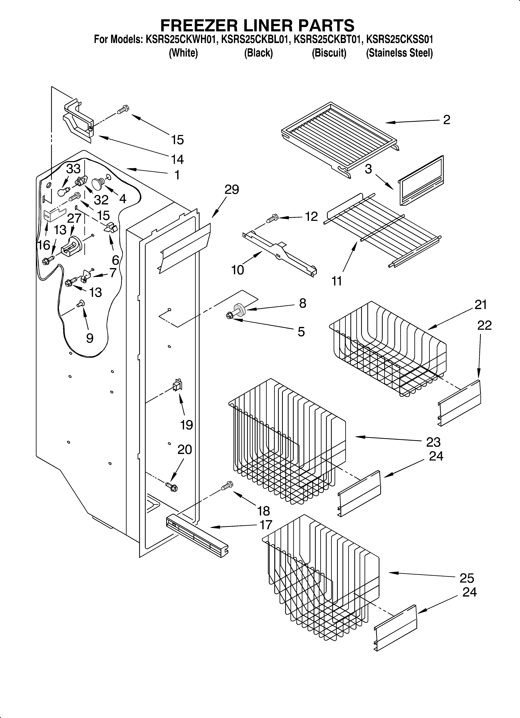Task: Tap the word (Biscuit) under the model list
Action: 329,53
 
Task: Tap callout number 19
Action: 187,425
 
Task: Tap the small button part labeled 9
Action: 80,304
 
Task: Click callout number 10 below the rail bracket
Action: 237,270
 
